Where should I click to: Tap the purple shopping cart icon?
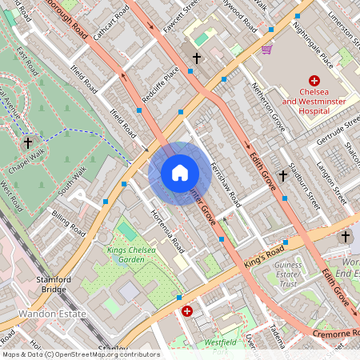click(266, 50)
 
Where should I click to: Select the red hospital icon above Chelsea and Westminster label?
click(314, 81)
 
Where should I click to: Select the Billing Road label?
click(67, 222)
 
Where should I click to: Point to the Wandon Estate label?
click(51, 314)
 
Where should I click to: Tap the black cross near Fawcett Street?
click(197, 58)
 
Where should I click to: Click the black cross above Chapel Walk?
click(29, 143)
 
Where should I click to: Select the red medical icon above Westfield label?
click(187, 311)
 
